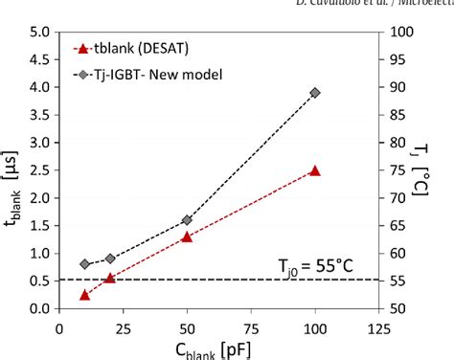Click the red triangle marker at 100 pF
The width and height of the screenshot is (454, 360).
click(315, 170)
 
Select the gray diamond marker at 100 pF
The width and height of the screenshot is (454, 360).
click(315, 93)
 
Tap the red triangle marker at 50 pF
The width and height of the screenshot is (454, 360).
click(187, 236)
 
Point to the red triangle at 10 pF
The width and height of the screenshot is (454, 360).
click(84, 295)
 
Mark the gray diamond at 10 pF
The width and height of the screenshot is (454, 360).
click(84, 264)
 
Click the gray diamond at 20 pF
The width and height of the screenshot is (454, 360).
click(110, 259)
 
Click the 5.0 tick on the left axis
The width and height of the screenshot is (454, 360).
click(39, 32)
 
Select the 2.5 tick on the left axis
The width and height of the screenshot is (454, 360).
click(39, 170)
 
